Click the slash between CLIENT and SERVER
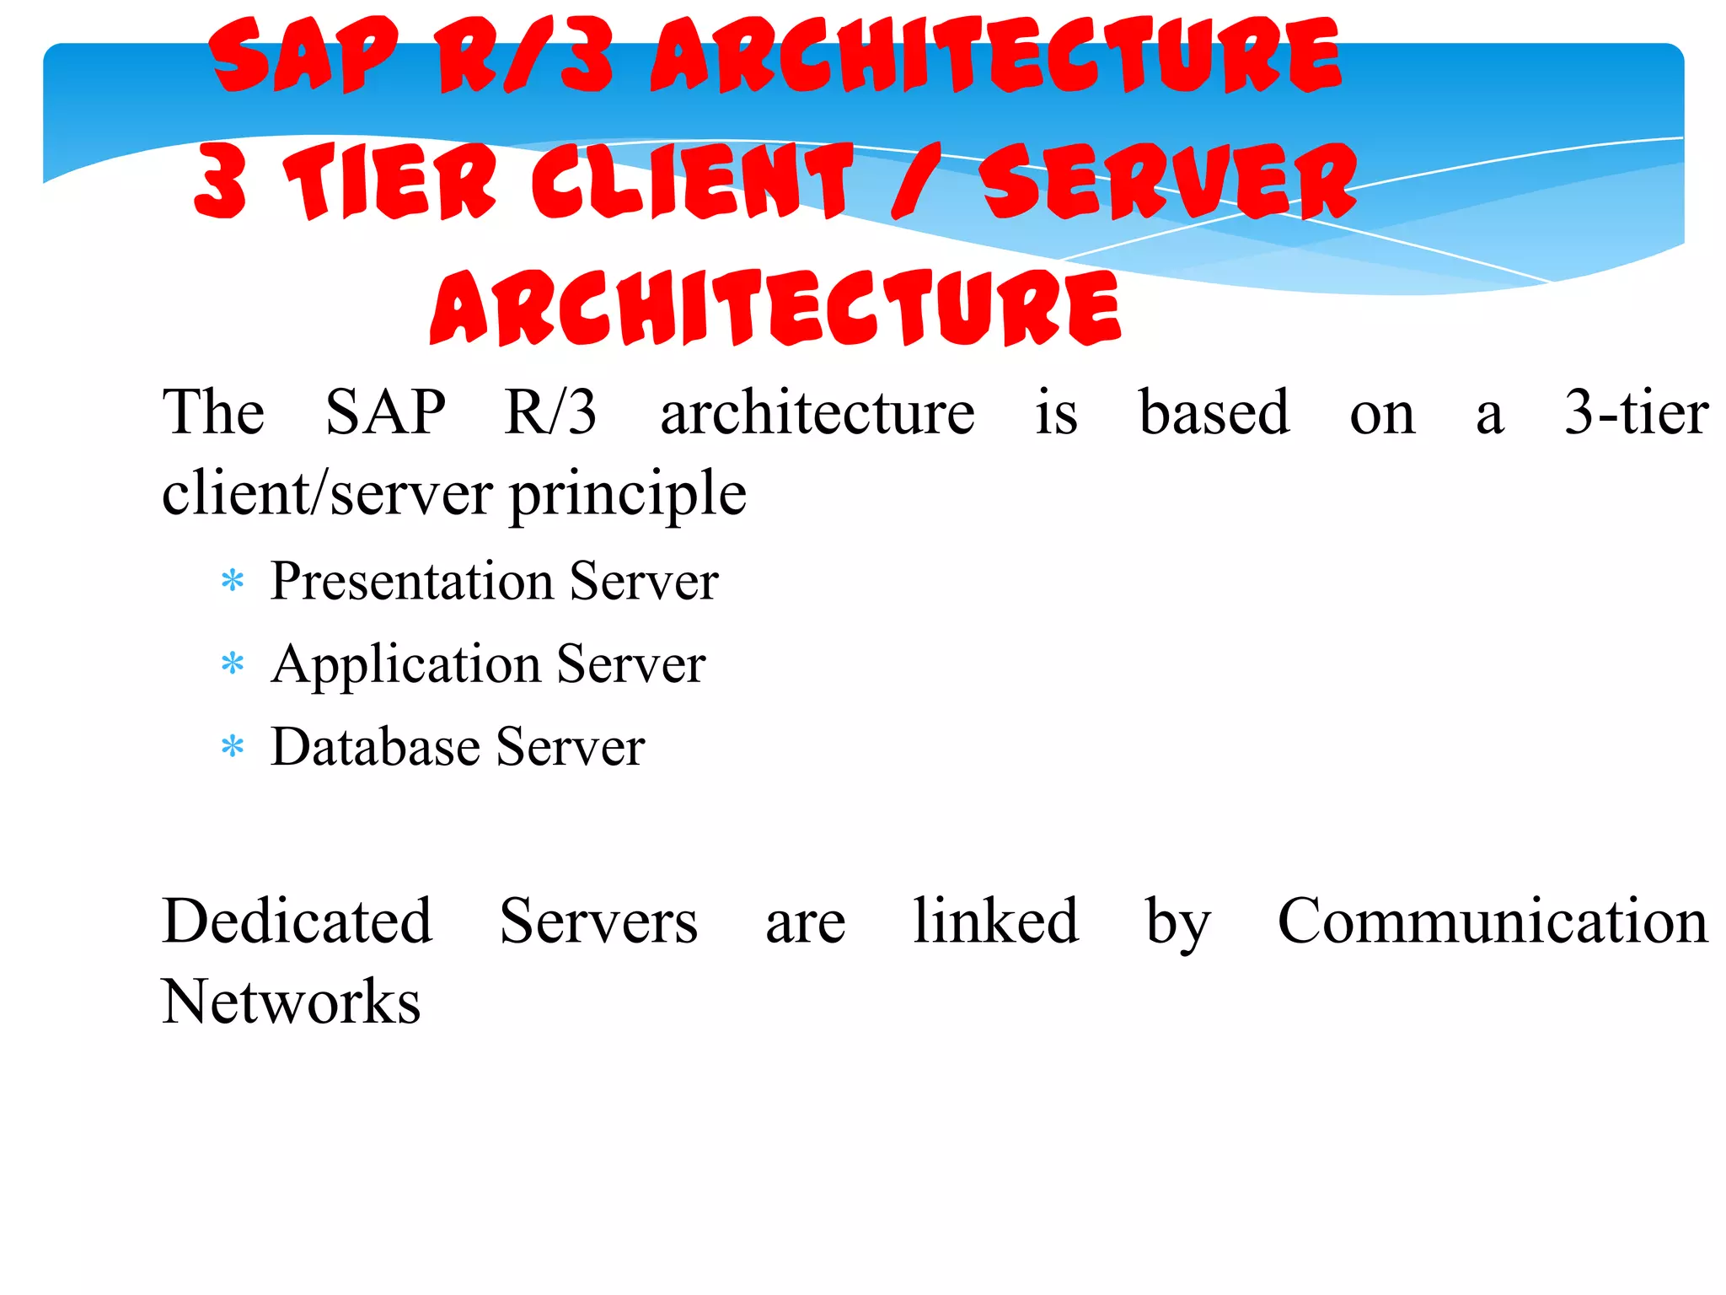point(914,181)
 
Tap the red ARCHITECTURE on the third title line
point(775,308)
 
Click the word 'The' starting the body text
point(213,412)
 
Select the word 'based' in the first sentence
point(1214,412)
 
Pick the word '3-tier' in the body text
point(1636,412)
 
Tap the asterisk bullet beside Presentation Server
point(232,582)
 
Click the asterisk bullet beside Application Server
point(232,664)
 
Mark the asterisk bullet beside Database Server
point(232,747)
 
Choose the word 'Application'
point(406,664)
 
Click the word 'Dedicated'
point(297,921)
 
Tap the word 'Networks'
point(292,1002)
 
